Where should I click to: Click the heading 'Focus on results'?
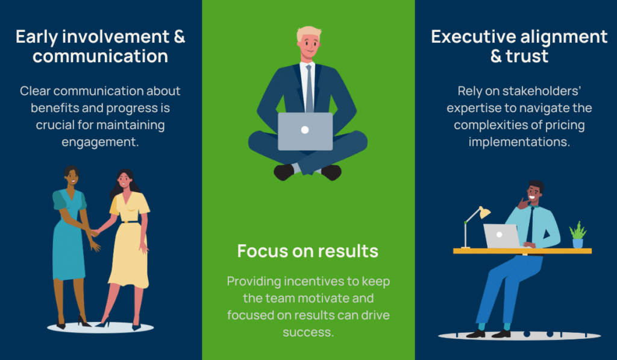pos(308,251)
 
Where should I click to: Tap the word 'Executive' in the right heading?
pos(471,37)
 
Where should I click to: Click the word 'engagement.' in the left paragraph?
pos(101,142)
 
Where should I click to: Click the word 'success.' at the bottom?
pos(308,332)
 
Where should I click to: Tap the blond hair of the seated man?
pos(308,33)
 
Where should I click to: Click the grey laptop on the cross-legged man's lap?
pos(305,131)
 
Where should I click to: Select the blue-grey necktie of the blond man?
pos(309,89)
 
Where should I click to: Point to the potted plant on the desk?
pos(578,235)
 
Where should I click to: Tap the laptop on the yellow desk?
pos(502,236)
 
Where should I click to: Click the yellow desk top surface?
pos(522,251)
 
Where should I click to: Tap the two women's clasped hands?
pos(95,233)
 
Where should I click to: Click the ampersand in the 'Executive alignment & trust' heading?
pos(496,56)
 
